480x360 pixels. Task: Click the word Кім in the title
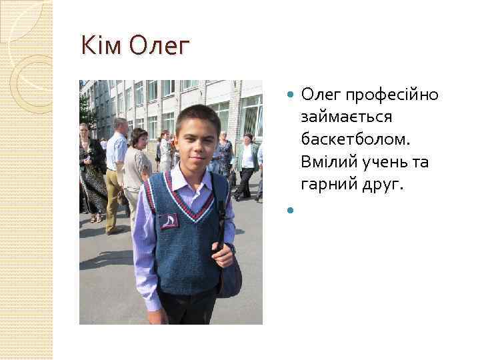[99, 46]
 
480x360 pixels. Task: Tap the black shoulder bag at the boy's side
[229, 273]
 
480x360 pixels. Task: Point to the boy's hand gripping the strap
[223, 254]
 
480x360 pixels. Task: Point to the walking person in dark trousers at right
[247, 167]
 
